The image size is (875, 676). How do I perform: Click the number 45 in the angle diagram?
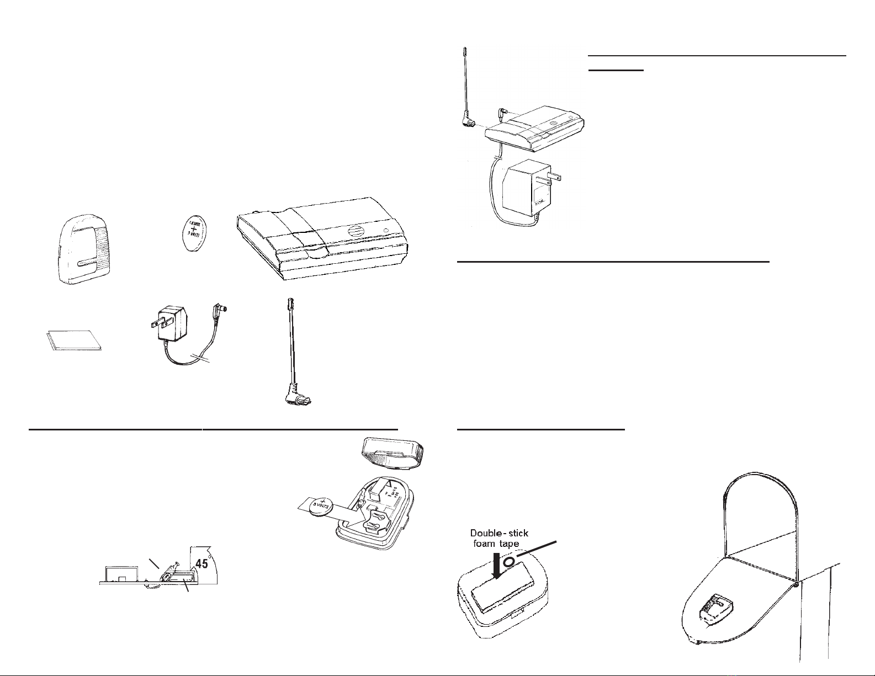click(201, 563)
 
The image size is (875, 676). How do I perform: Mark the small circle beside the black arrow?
click(509, 561)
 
